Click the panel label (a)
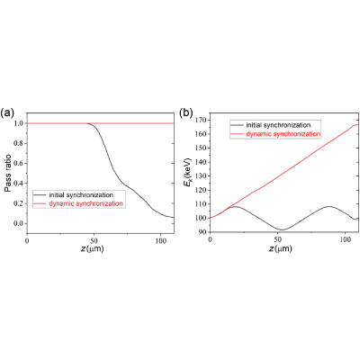[x=7, y=113]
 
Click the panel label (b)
[x=186, y=113]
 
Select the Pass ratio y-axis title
[x=8, y=173]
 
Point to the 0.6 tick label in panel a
[x=19, y=163]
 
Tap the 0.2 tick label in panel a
[x=19, y=203]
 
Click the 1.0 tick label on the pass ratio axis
[x=19, y=123]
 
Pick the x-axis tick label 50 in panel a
[x=94, y=241]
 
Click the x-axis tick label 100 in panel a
[x=161, y=241]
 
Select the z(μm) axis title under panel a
[x=93, y=249]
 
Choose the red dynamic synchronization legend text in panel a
[x=85, y=203]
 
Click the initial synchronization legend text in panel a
[x=81, y=195]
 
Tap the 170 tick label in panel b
[x=202, y=120]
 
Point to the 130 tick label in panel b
[x=202, y=176]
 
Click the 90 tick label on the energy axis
[x=203, y=232]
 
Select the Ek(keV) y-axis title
[x=188, y=175]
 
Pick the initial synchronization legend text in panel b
[x=278, y=125]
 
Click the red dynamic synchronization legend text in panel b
[x=283, y=134]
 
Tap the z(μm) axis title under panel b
[x=281, y=249]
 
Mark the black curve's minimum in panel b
[x=282, y=229]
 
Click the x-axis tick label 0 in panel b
[x=210, y=240]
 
